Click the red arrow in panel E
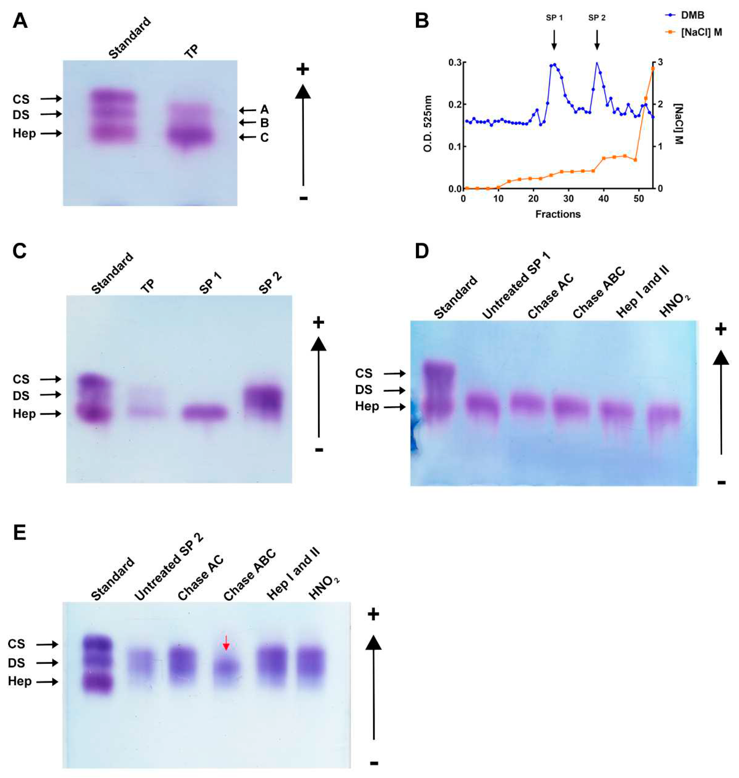coord(226,643)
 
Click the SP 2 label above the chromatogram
coord(597,18)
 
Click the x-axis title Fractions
coord(558,214)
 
